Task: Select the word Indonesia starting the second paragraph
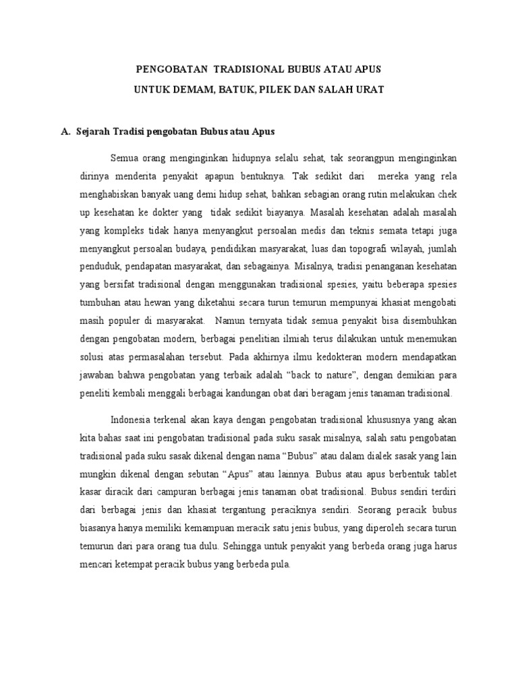(132, 417)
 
